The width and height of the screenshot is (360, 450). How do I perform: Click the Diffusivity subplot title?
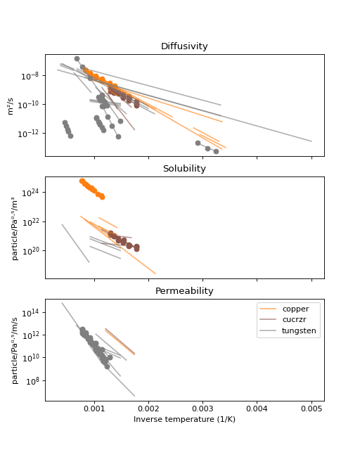click(x=184, y=46)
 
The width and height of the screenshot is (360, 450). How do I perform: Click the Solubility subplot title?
click(x=184, y=169)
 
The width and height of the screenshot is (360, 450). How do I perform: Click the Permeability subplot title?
click(x=184, y=291)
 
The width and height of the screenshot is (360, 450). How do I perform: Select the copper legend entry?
click(x=295, y=309)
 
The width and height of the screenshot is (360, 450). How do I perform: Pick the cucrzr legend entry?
click(x=294, y=319)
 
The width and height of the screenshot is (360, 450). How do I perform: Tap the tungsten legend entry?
click(x=299, y=330)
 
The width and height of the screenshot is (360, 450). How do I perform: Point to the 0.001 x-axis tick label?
click(x=94, y=409)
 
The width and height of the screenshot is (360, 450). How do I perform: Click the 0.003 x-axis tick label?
click(x=202, y=409)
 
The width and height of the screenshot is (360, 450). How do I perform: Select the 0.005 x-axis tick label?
click(x=311, y=409)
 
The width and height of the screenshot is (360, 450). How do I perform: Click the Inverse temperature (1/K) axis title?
click(x=184, y=419)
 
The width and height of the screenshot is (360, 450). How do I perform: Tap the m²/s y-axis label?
click(x=11, y=106)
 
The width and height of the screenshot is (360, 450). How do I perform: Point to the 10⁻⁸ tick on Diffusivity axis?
click(x=30, y=76)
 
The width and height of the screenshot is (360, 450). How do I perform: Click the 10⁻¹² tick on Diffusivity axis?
click(x=28, y=134)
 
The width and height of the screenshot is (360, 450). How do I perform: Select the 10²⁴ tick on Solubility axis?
click(x=30, y=193)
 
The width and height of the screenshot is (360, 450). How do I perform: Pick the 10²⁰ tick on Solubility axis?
click(x=30, y=251)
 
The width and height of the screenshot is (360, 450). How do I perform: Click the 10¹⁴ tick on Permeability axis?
click(x=30, y=313)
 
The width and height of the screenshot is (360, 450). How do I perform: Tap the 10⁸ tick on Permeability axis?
click(x=32, y=381)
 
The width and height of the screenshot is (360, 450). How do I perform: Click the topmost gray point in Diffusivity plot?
click(x=77, y=58)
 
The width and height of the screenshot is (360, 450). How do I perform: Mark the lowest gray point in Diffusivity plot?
click(x=216, y=151)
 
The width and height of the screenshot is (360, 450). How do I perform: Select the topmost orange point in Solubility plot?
click(x=82, y=181)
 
